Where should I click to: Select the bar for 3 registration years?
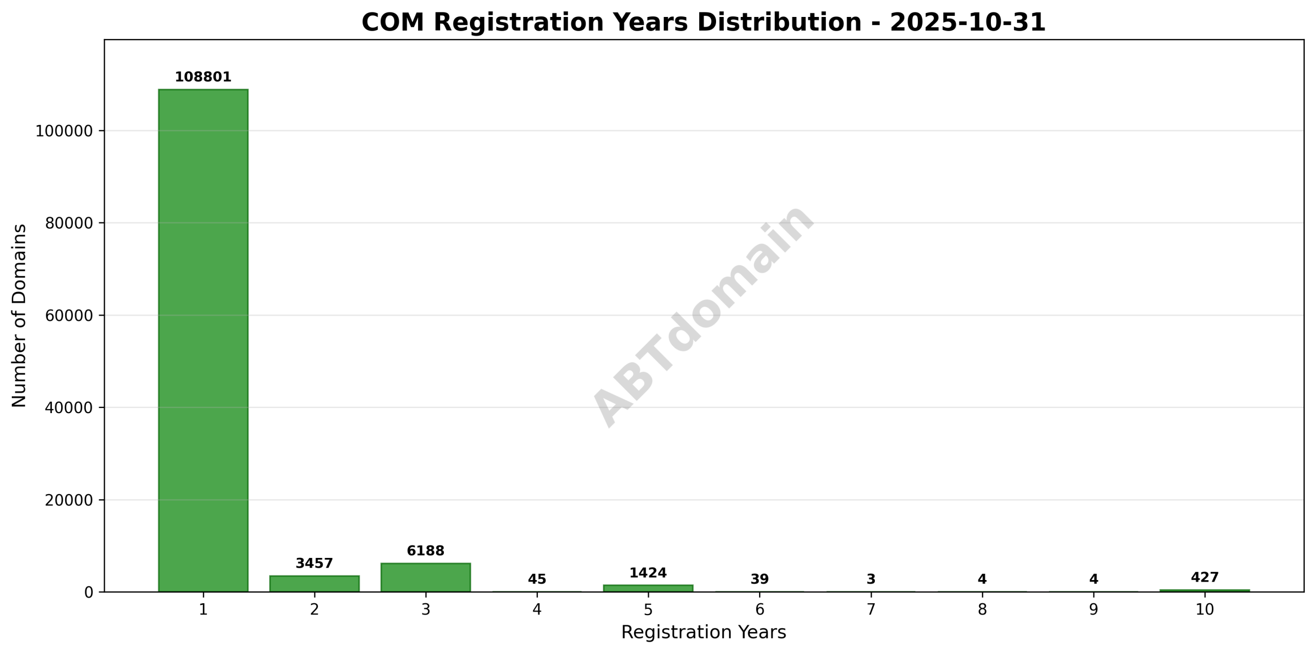point(425,577)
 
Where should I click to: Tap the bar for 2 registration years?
point(314,584)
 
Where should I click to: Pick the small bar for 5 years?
point(648,588)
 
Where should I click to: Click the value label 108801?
point(203,77)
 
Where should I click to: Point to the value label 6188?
point(425,551)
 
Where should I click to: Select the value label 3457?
point(314,563)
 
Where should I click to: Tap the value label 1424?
point(648,573)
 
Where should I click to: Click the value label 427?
point(1204,577)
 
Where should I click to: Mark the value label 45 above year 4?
point(537,579)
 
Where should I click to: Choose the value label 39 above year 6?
point(759,579)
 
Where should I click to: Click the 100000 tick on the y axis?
point(64,131)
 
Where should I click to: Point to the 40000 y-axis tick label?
point(69,408)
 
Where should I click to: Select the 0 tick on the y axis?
point(88,592)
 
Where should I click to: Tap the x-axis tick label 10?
point(1204,610)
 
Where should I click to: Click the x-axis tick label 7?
point(871,610)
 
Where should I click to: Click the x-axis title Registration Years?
point(703,632)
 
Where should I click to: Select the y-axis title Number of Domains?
point(19,315)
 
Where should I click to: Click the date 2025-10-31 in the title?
point(967,23)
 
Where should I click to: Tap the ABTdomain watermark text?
point(703,315)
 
